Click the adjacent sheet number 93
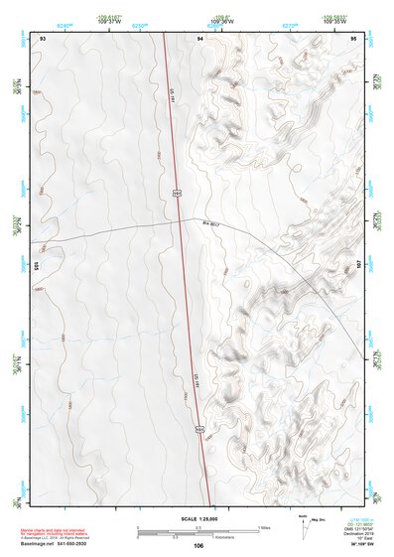[x=43, y=38]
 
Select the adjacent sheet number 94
[x=200, y=38]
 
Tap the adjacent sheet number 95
[x=353, y=38]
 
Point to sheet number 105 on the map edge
[x=35, y=266]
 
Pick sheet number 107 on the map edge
[x=360, y=266]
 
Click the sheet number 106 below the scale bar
[x=198, y=546]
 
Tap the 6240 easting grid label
[x=66, y=23]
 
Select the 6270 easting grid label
[x=290, y=23]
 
